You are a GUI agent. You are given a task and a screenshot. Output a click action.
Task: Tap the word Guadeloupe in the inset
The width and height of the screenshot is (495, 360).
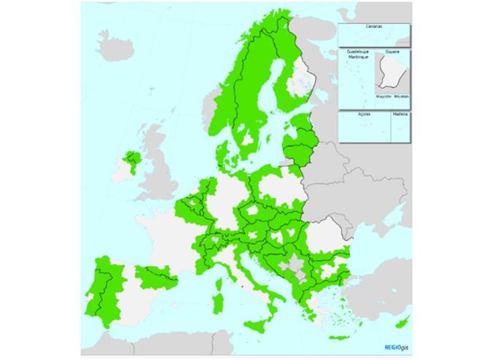(357, 52)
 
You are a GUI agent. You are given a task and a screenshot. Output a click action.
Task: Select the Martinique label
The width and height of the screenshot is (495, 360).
(357, 57)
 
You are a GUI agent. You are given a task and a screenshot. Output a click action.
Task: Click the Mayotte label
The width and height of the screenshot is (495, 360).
(383, 95)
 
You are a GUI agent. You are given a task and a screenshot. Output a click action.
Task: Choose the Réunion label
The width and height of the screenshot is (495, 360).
(401, 95)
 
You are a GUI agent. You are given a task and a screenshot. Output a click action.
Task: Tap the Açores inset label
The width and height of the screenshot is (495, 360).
(365, 114)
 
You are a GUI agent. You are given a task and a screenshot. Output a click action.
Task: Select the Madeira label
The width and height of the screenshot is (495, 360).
(399, 114)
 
